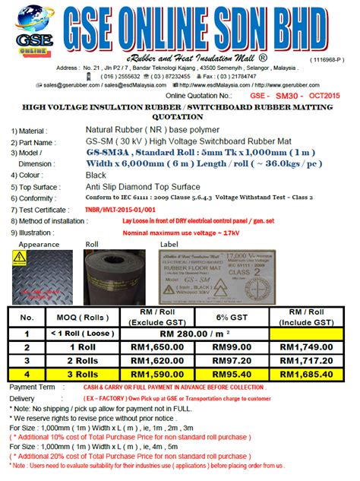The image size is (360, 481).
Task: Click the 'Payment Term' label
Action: (33, 387)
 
